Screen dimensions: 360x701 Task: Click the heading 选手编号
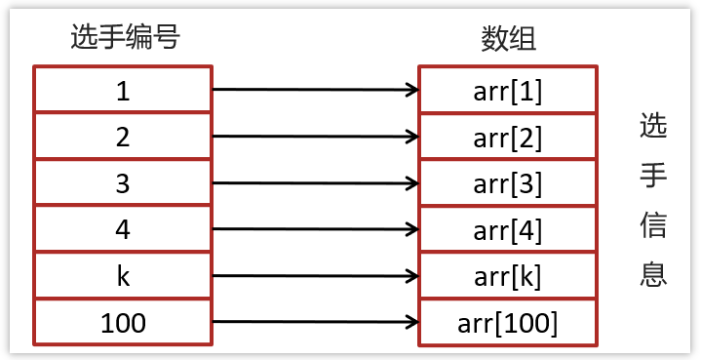126,37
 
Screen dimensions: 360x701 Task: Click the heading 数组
508,37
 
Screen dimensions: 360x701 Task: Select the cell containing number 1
123,90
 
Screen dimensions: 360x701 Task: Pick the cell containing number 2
123,137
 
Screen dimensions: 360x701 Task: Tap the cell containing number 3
123,182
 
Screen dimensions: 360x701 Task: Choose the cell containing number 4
123,229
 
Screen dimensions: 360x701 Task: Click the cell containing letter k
123,275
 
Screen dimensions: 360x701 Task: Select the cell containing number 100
123,322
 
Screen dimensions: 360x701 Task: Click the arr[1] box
507,90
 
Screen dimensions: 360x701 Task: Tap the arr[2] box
507,137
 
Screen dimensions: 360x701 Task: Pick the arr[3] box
507,182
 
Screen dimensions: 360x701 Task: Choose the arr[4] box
507,229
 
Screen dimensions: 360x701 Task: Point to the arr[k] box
507,275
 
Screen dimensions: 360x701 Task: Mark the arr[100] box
507,322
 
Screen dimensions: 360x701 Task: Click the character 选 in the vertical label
653,127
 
